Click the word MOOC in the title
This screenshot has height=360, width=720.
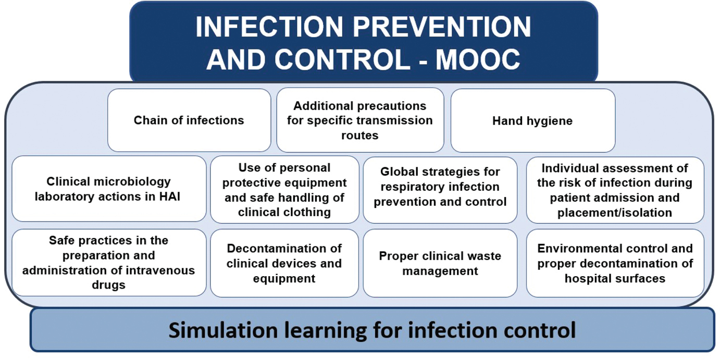(x=478, y=59)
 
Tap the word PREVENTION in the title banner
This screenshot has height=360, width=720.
(x=442, y=27)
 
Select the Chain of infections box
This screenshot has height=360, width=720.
(x=189, y=120)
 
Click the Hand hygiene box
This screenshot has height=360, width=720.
(x=533, y=120)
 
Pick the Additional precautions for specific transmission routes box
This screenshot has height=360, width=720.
(x=360, y=120)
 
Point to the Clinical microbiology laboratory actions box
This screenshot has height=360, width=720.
(x=109, y=189)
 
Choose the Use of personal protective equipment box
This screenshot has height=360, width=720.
(x=284, y=190)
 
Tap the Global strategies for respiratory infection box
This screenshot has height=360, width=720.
(x=440, y=190)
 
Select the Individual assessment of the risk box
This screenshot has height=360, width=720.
(x=615, y=190)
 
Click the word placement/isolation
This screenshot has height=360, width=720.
(x=615, y=213)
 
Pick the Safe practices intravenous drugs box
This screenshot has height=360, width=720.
(x=109, y=263)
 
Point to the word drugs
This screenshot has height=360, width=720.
(x=109, y=285)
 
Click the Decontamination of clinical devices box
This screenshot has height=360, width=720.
(x=284, y=263)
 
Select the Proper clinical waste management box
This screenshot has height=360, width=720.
(x=440, y=263)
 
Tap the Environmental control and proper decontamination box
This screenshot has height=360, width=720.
(x=615, y=263)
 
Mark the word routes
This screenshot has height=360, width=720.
(x=359, y=135)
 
